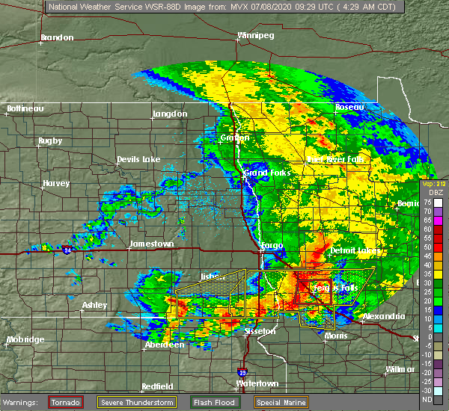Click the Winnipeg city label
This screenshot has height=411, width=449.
(x=256, y=35)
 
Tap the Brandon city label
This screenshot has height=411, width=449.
(x=57, y=37)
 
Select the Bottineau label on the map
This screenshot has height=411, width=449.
(x=25, y=108)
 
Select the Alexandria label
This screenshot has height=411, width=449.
(x=384, y=317)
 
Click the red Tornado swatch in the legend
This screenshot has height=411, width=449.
(x=67, y=402)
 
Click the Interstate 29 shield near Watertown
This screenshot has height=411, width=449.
(x=243, y=371)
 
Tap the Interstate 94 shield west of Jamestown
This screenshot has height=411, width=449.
(x=68, y=249)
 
